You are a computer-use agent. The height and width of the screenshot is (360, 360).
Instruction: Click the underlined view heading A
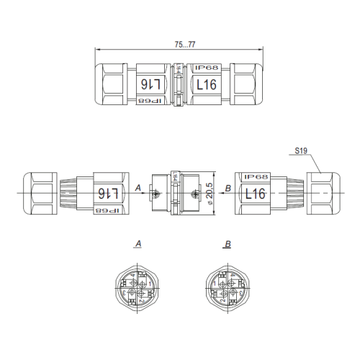pyautogui.click(x=138, y=245)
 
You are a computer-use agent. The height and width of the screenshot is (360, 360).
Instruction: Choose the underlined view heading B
pyautogui.click(x=228, y=245)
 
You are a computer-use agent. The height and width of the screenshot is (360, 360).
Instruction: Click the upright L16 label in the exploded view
pyautogui.click(x=256, y=193)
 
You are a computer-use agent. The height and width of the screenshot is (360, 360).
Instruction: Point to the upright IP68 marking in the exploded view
pyautogui.click(x=256, y=176)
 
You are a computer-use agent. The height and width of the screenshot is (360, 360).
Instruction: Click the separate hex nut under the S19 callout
pyautogui.click(x=320, y=193)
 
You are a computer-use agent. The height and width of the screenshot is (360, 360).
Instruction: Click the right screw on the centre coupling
pyautogui.click(x=194, y=193)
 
